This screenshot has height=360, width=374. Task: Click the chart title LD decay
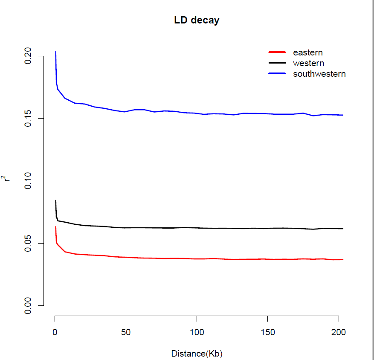coord(197,20)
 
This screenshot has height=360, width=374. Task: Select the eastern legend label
coord(307,53)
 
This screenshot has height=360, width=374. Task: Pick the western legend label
coord(308,63)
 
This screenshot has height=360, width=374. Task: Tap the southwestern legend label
coord(319,74)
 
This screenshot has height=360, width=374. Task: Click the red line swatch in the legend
coord(277,52)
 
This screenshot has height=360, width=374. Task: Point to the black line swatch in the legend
coord(277,63)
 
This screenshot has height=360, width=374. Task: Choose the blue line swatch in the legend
coord(277,74)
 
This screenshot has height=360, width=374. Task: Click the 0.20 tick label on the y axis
coord(29,56)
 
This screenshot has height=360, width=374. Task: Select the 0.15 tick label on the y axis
coord(29,119)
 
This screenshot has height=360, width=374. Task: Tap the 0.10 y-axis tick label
coord(29,181)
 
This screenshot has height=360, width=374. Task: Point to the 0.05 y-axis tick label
coord(29,243)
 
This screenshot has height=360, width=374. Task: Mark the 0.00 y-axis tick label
coord(29,305)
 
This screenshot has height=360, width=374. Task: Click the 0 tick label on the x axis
coord(55,331)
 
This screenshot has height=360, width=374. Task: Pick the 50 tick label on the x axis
coord(126,331)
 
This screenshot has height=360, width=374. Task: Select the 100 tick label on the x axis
coord(197,331)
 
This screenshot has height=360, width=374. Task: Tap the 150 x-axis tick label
coord(267,331)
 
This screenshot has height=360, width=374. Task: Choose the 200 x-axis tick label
coord(338,331)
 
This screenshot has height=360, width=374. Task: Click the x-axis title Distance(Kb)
coord(197,354)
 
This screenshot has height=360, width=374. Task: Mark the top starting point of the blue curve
coord(55,52)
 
